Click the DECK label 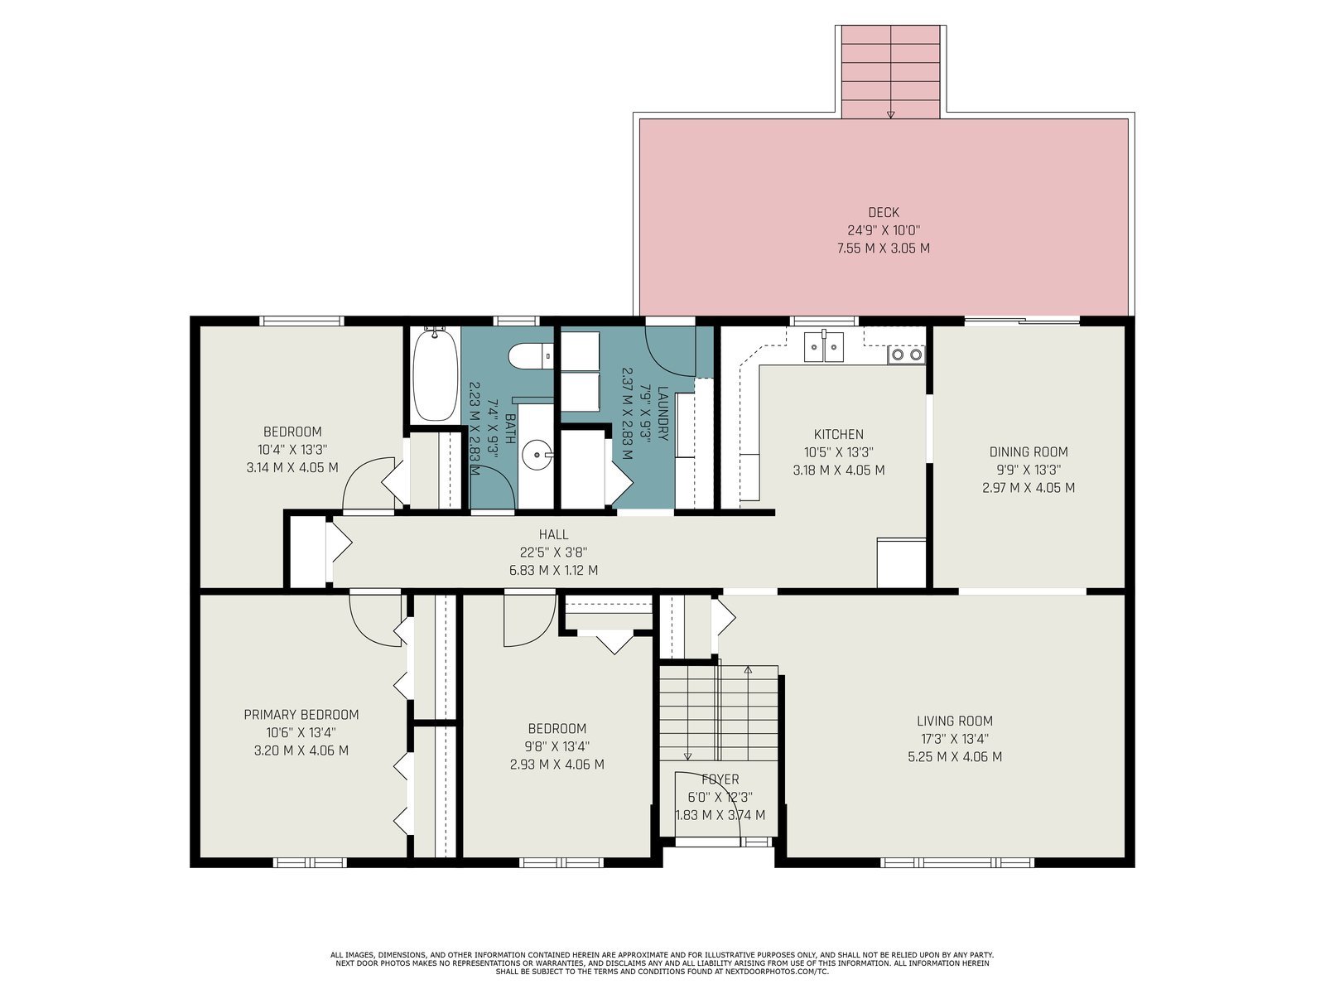pos(883,212)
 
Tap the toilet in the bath pos(530,355)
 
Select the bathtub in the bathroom pos(435,374)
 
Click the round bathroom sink pos(536,453)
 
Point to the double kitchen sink pos(823,347)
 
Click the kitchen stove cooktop pos(906,355)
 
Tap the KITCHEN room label pos(838,435)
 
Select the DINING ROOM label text pos(1028,452)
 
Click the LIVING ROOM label pos(954,721)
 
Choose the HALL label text pos(553,534)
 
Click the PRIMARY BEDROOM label pos(301,715)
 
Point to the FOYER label pos(720,779)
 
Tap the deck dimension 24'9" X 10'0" pos(883,230)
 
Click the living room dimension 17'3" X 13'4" pos(954,739)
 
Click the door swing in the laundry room pos(670,352)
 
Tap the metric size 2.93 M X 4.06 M pos(556,765)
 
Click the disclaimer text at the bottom pos(662,963)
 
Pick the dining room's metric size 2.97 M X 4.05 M pos(1028,488)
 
